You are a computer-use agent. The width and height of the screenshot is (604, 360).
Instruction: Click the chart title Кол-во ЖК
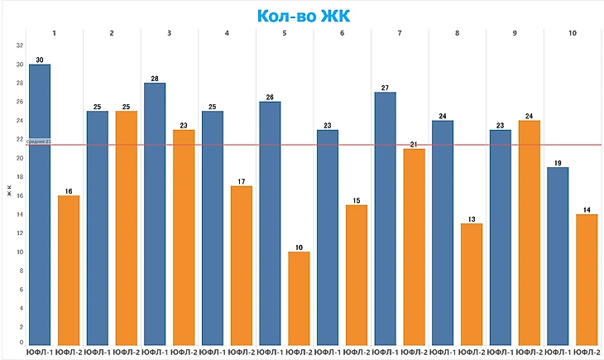point(302,17)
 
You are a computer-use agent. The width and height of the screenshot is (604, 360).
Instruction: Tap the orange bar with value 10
point(299,298)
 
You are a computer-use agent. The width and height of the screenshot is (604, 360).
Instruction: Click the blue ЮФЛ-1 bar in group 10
point(558,255)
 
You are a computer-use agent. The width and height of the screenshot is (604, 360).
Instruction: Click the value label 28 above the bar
point(155,78)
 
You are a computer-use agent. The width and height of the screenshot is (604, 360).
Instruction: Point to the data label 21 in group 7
point(414,144)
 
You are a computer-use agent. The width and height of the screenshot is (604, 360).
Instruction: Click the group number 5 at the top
point(285,33)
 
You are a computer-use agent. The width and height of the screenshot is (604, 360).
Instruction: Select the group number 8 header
point(458,33)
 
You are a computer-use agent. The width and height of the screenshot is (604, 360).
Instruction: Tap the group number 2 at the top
point(112,33)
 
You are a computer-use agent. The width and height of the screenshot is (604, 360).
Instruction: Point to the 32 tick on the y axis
point(20,46)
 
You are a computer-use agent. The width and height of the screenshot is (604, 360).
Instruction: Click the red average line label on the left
point(39,142)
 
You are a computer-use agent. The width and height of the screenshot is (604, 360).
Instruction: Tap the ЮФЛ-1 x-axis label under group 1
point(40,353)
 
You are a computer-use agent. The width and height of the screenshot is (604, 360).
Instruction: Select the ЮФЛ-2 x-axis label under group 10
point(587,353)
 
